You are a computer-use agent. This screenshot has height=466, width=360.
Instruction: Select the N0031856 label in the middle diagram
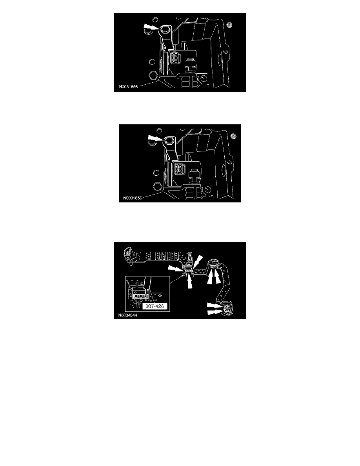132,198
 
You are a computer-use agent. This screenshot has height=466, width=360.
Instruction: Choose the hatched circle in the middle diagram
234,136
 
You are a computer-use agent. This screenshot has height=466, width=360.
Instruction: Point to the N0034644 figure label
128,315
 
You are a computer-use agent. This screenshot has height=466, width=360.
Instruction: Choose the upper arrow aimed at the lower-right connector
214,305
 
